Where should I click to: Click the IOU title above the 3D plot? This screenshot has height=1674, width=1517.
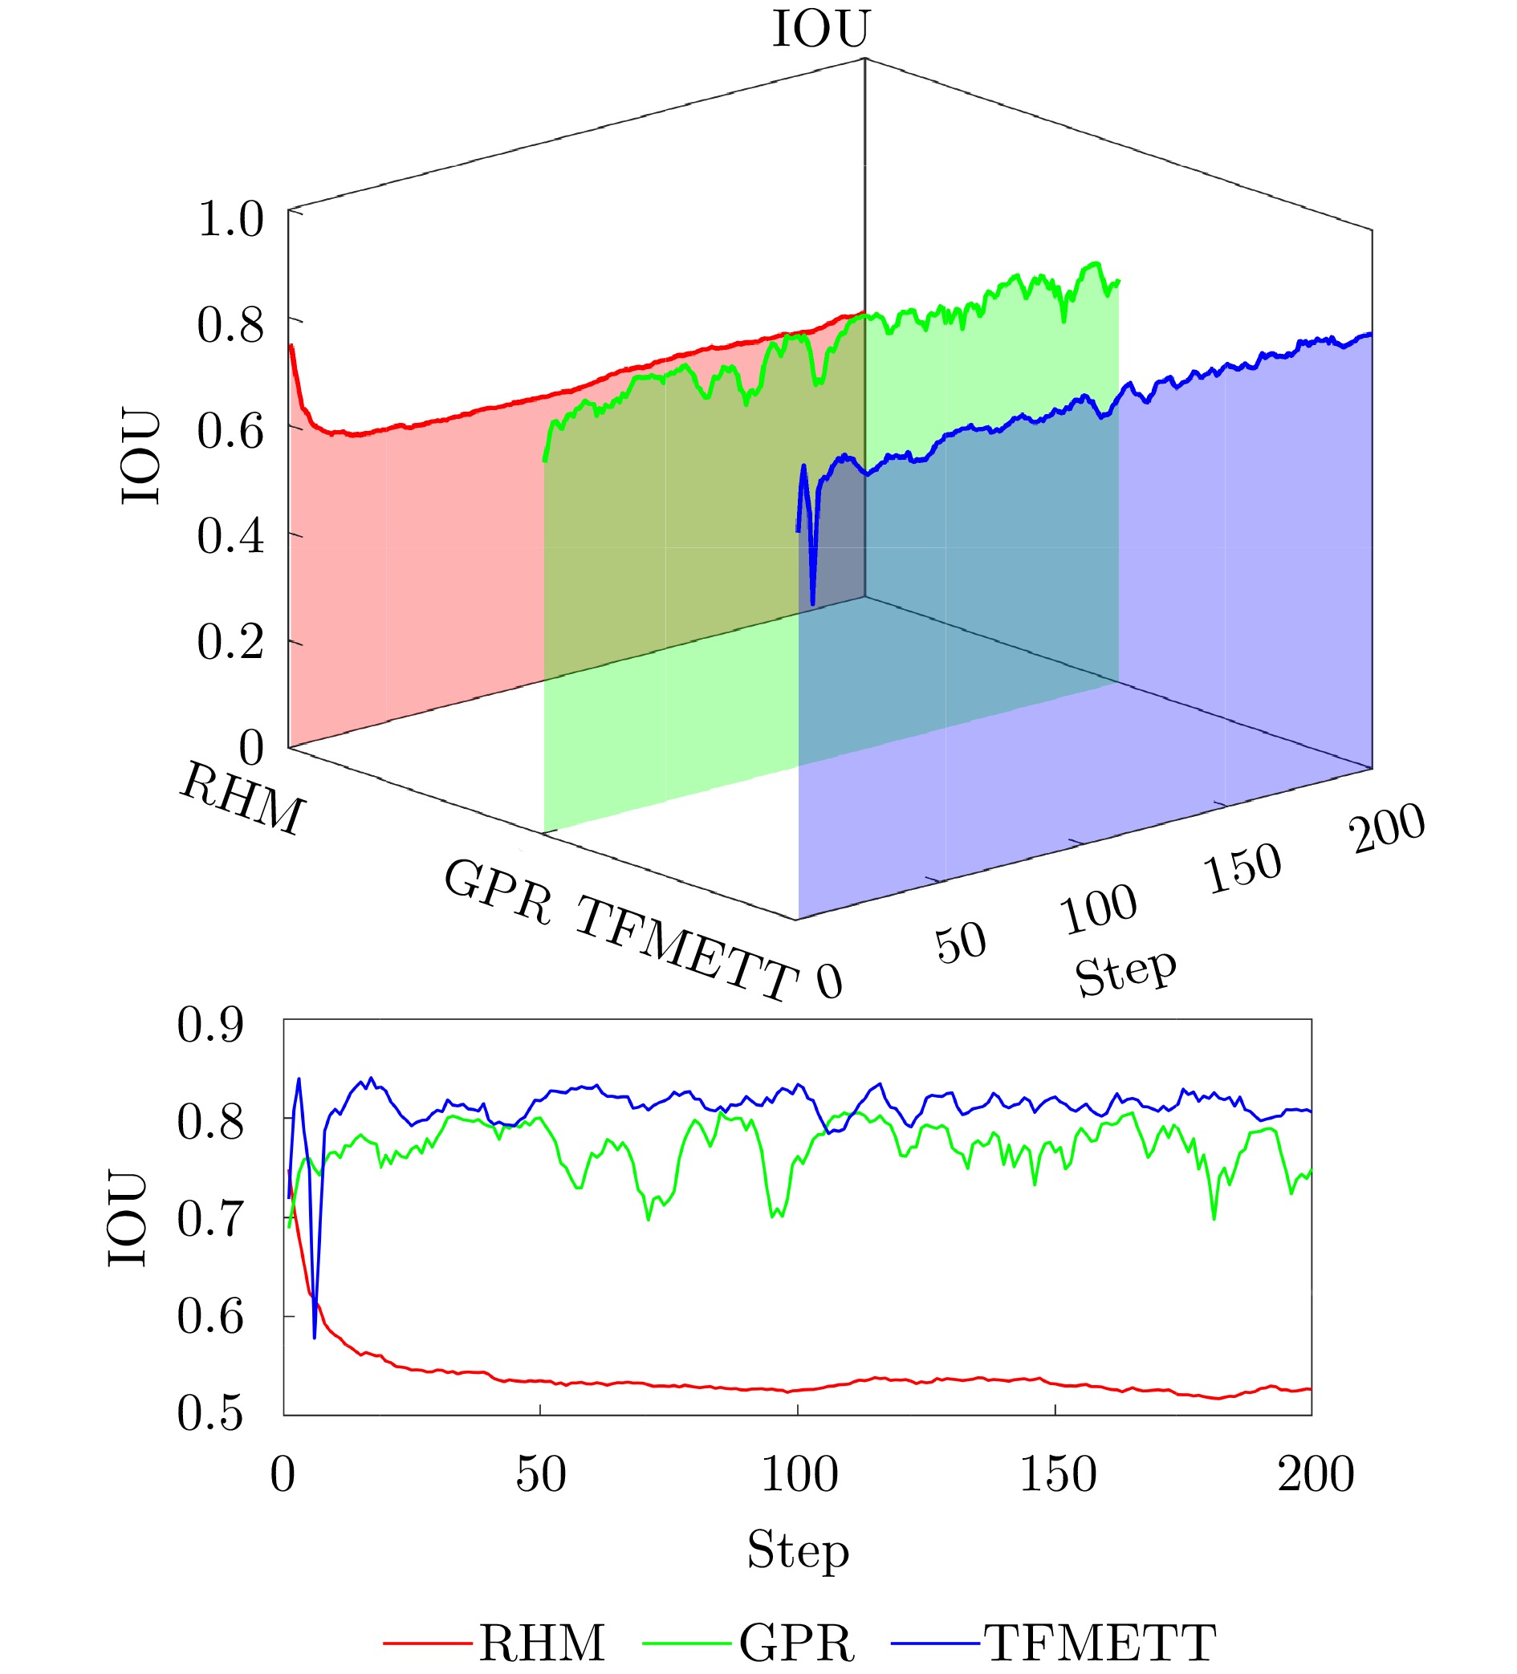820,30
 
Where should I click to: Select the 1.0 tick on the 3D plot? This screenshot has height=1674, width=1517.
230,220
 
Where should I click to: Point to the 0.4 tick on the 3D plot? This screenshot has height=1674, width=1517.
230,536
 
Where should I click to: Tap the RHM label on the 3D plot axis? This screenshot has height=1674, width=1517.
242,798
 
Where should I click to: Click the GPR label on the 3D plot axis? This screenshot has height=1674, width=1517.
498,892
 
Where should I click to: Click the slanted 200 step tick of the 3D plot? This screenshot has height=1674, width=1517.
1386,828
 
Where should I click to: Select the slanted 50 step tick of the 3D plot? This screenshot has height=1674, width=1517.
961,943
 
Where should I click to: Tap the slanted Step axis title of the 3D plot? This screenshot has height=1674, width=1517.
1125,973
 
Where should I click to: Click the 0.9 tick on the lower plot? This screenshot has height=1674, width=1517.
210,1026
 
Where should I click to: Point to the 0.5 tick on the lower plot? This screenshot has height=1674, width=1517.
210,1413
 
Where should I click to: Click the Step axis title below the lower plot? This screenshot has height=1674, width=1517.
798,1550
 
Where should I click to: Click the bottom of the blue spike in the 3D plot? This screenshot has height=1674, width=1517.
813,603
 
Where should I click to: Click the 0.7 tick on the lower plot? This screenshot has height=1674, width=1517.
210,1219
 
